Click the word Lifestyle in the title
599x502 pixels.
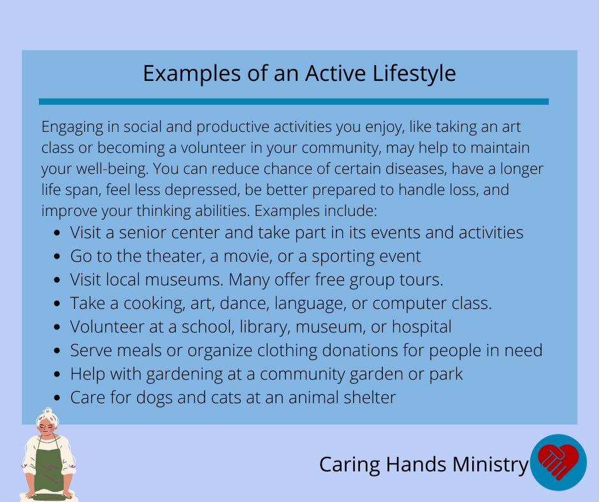tap(414, 74)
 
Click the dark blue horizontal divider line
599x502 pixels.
tap(294, 102)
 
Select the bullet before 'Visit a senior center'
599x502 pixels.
tap(57, 233)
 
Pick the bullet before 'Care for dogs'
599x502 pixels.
tap(57, 398)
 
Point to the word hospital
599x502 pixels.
tap(422, 327)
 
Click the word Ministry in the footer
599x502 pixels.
tap(490, 465)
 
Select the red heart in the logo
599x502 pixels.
tap(558, 461)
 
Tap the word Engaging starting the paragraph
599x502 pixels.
tap(72, 127)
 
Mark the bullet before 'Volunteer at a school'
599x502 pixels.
tap(57, 327)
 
